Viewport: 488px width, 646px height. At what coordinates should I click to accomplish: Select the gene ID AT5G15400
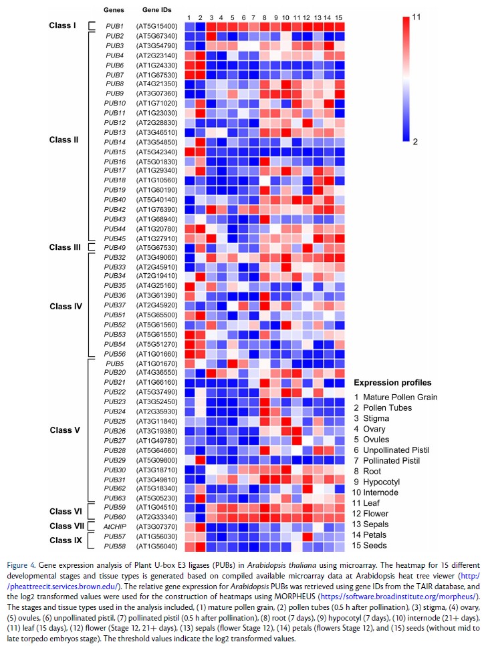tap(156, 26)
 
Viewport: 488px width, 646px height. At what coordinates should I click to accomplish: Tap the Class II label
tap(64, 140)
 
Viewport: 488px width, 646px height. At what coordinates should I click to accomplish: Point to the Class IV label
tap(65, 306)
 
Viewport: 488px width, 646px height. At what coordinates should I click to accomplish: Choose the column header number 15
tap(339, 17)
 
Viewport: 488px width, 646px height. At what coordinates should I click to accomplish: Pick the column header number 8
tap(265, 17)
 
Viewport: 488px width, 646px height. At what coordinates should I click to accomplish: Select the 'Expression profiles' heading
tap(392, 383)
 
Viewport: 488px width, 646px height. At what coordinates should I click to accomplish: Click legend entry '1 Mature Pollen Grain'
tap(396, 397)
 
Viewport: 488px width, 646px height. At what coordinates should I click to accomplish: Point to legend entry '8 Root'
tap(368, 471)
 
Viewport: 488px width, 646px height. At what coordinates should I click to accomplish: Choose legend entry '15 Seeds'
tap(372, 546)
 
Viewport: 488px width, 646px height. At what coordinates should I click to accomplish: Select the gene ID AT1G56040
tap(156, 546)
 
